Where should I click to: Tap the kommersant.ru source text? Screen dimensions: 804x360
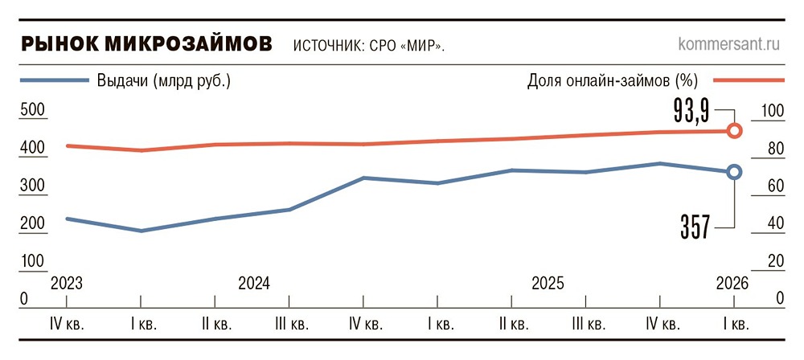pyautogui.click(x=728, y=43)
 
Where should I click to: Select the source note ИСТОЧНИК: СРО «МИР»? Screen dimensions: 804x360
pyautogui.click(x=369, y=46)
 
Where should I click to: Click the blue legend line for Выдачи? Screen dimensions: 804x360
pyautogui.click(x=55, y=80)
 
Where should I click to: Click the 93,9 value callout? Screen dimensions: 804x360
pyautogui.click(x=691, y=110)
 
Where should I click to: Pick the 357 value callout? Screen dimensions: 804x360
pyautogui.click(x=695, y=227)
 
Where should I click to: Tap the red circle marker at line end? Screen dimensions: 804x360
pyautogui.click(x=734, y=131)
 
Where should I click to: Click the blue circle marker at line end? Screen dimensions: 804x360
pyautogui.click(x=734, y=172)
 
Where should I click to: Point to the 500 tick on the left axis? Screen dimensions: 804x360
pyautogui.click(x=32, y=111)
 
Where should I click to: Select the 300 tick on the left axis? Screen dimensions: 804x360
pyautogui.click(x=32, y=186)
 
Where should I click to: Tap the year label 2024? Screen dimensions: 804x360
pyautogui.click(x=254, y=284)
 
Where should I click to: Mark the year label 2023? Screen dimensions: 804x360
pyautogui.click(x=67, y=284)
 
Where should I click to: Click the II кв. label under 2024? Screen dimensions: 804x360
pyautogui.click(x=215, y=325)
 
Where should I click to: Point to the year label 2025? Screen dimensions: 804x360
pyautogui.click(x=548, y=284)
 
